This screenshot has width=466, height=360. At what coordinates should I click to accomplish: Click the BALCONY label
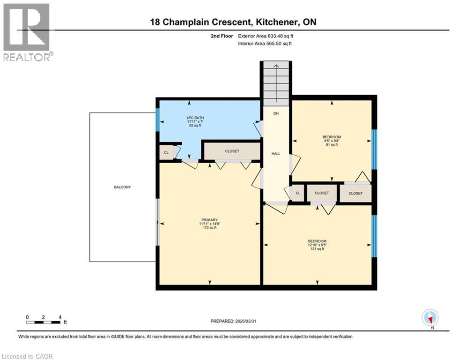(x=122, y=187)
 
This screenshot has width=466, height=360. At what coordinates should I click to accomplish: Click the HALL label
(x=276, y=153)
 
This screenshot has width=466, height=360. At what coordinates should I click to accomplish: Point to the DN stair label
(x=276, y=113)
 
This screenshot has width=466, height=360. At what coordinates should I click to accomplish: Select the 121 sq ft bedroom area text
(x=318, y=249)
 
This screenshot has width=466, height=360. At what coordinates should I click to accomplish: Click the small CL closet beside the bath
(x=166, y=153)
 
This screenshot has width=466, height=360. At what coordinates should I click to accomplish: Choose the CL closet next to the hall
(x=297, y=193)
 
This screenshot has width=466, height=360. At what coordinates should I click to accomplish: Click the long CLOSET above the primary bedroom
(x=232, y=151)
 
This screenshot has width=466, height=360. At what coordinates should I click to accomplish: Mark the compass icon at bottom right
(x=429, y=317)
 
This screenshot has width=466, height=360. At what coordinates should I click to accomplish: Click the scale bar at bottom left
(x=44, y=322)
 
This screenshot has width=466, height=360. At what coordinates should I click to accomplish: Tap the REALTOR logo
(x=27, y=32)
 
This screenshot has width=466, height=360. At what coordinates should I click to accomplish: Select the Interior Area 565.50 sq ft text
(x=266, y=44)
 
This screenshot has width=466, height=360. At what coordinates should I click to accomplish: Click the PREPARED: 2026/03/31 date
(x=234, y=321)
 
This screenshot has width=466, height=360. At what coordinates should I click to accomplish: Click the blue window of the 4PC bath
(x=158, y=120)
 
